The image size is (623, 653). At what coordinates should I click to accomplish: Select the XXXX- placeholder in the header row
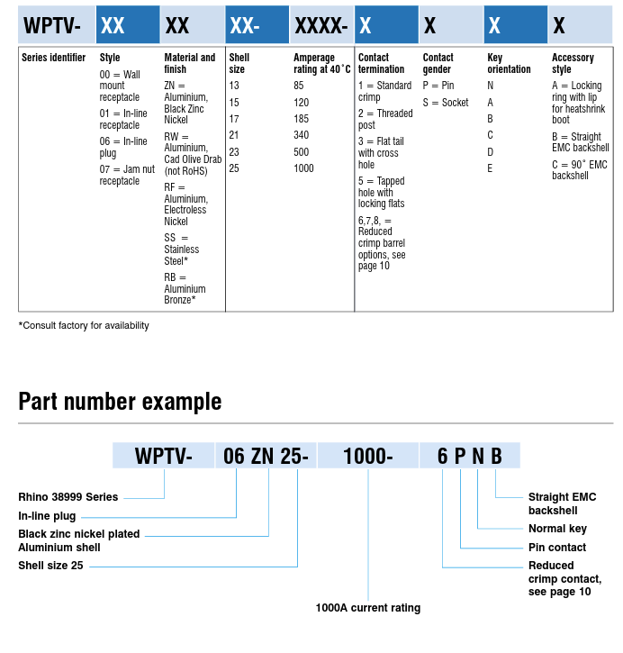[x=321, y=25]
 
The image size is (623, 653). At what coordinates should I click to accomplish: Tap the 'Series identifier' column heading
[x=53, y=58]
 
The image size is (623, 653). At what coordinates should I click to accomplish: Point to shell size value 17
[x=234, y=119]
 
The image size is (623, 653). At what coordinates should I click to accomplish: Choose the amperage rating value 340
[x=302, y=135]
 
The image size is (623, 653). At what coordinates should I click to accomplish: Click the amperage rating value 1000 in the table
[x=303, y=168]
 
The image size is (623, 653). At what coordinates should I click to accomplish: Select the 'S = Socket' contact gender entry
[x=446, y=103]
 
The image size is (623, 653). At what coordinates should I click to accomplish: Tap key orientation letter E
[x=491, y=168]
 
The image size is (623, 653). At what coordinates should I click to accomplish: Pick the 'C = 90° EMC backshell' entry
[x=580, y=169]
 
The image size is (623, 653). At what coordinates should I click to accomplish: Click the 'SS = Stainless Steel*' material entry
[x=182, y=249]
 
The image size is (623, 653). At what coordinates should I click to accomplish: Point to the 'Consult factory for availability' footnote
[x=84, y=325]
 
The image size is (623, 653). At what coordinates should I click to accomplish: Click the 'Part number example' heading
[x=120, y=401]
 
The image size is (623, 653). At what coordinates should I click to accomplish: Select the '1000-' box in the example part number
[x=368, y=456]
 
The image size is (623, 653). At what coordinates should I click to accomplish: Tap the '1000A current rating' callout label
[x=367, y=608]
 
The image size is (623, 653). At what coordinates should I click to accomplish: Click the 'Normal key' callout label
[x=557, y=529]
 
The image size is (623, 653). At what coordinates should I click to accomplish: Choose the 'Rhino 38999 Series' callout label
[x=68, y=497]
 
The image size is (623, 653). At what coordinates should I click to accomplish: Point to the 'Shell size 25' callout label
[x=51, y=566]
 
